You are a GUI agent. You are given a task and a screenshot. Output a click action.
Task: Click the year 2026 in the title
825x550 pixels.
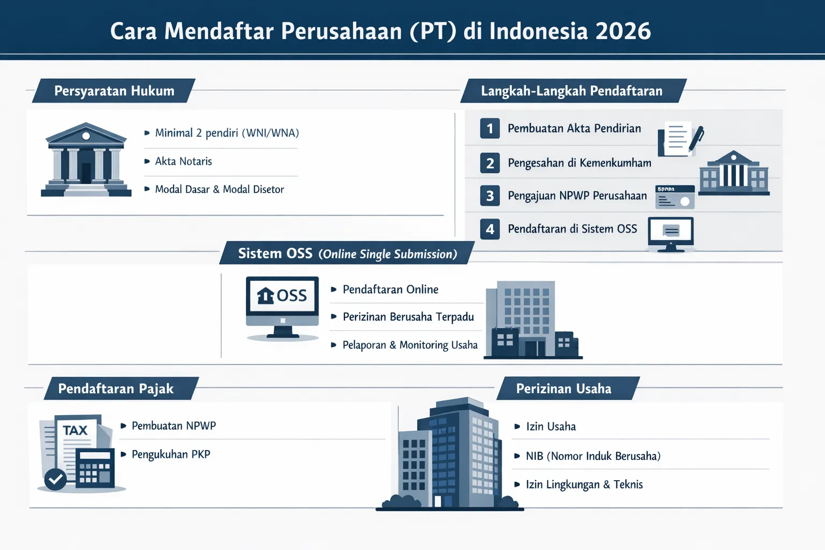(623, 31)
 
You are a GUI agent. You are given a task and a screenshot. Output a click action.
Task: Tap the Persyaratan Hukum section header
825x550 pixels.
(114, 91)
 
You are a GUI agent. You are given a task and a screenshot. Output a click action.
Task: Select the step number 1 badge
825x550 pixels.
(490, 128)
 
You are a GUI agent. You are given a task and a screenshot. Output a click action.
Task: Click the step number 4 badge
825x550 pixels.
(490, 229)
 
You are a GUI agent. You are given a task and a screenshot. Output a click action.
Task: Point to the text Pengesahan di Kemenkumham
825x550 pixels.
(579, 163)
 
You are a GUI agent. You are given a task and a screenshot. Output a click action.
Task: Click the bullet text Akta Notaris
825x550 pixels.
(183, 161)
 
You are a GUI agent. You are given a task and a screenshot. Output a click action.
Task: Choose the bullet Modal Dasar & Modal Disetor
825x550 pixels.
(219, 189)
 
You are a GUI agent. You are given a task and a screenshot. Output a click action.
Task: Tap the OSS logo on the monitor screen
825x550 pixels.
(282, 295)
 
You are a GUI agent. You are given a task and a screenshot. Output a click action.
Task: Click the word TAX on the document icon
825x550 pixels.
(75, 430)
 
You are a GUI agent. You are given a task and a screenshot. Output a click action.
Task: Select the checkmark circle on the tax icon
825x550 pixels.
(55, 479)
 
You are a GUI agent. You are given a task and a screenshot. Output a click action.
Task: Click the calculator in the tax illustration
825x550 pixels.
(95, 468)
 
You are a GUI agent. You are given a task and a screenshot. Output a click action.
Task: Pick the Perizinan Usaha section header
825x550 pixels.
(563, 388)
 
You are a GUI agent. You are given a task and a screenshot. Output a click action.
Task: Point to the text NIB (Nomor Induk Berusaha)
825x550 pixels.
(593, 456)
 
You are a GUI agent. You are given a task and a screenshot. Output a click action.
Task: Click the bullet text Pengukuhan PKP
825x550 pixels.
(171, 454)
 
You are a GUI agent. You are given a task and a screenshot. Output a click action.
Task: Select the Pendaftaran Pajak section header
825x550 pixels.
(115, 388)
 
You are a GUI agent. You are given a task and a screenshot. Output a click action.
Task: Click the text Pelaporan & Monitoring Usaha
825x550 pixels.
(410, 345)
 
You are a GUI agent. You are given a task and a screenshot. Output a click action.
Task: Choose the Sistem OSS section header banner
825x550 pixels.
(347, 254)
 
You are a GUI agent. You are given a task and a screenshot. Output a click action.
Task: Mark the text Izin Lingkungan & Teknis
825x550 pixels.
(584, 484)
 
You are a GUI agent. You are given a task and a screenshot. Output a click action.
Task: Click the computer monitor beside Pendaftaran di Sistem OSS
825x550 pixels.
(671, 233)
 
